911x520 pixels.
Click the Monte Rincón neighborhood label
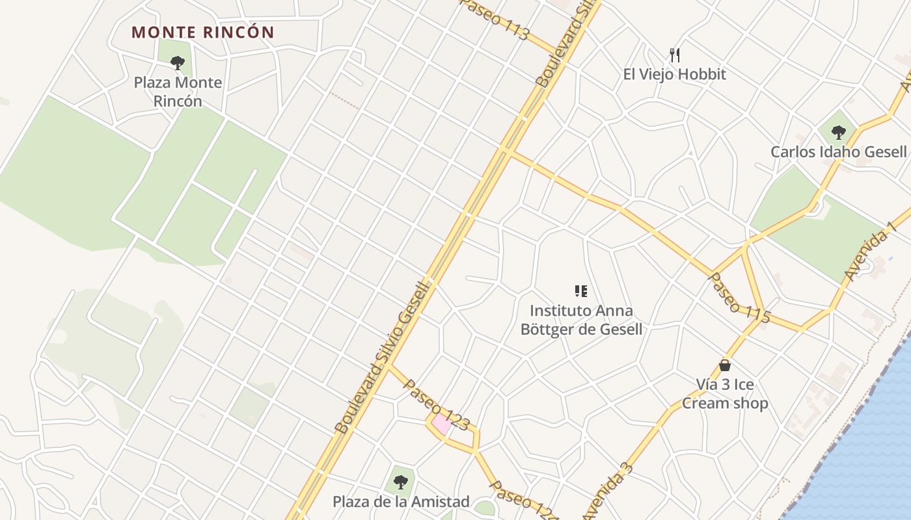coord(203,32)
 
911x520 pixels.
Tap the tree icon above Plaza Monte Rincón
coord(177,63)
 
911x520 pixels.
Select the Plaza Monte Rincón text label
coord(178,92)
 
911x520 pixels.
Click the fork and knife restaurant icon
coord(675,55)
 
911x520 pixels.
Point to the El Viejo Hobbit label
coord(674,74)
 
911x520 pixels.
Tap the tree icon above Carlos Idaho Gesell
coord(838,133)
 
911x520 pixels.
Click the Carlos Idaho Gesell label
coord(838,151)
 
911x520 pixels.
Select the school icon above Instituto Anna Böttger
coord(581,291)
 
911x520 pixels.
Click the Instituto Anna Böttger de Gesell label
coord(581,320)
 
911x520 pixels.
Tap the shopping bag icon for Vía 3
coord(725,365)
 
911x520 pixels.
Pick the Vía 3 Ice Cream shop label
coord(725,394)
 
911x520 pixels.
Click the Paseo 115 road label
coord(739,298)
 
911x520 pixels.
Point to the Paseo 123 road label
coord(436,404)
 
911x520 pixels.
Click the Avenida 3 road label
coord(608,491)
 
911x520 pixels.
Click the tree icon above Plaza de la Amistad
coord(400,482)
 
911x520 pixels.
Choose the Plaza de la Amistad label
coord(401,502)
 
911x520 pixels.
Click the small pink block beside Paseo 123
coord(441,424)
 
